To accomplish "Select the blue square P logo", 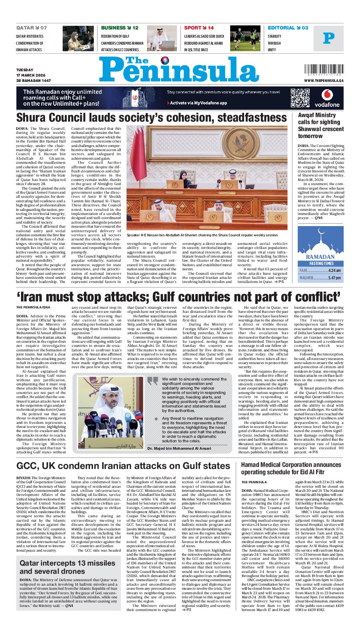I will click(328, 38).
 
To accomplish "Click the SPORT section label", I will click(192, 28).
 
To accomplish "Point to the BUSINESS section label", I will click(113, 28).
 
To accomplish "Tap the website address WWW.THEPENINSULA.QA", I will click(324, 81).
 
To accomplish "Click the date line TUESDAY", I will click(25, 70).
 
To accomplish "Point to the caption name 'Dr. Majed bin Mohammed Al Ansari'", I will click(179, 448).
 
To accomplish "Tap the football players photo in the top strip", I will click(245, 38).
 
